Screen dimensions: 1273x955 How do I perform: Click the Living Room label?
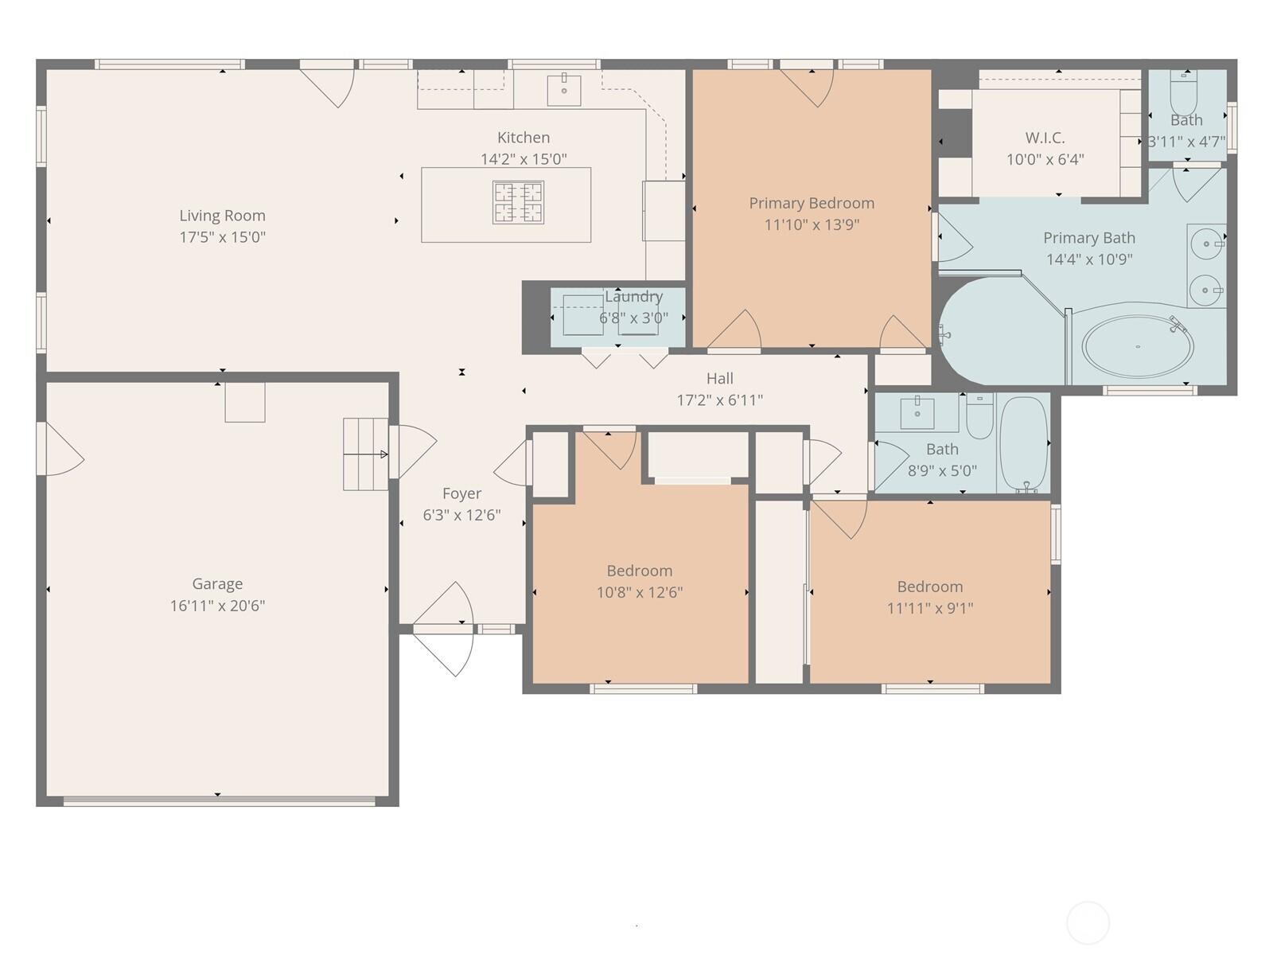222,216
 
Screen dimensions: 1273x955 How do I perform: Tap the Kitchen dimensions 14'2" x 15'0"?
523,159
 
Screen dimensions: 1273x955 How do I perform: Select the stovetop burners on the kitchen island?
518,202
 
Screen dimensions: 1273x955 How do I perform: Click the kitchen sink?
564,90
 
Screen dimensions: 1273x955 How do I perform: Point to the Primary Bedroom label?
812,203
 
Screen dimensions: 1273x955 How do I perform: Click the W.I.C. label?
1045,138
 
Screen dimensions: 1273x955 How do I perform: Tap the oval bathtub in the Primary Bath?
1138,347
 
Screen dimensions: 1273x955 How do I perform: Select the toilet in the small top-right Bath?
1183,93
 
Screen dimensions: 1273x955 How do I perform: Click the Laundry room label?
633,296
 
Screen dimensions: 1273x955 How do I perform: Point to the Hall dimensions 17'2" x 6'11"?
720,400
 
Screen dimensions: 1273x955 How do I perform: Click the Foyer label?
461,493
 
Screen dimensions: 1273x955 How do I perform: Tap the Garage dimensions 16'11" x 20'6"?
217,606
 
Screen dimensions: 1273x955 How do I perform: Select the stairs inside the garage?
366,454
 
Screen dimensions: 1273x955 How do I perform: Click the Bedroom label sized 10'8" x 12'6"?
640,571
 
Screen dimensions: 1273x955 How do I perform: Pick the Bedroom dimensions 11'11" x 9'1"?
929,608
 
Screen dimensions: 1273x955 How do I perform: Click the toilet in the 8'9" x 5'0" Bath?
980,415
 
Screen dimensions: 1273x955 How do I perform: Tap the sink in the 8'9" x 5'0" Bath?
917,412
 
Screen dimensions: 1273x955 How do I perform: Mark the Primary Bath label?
1089,238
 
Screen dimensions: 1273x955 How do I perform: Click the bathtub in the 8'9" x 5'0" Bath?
1025,443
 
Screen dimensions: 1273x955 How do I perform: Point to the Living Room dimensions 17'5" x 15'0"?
222,236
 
